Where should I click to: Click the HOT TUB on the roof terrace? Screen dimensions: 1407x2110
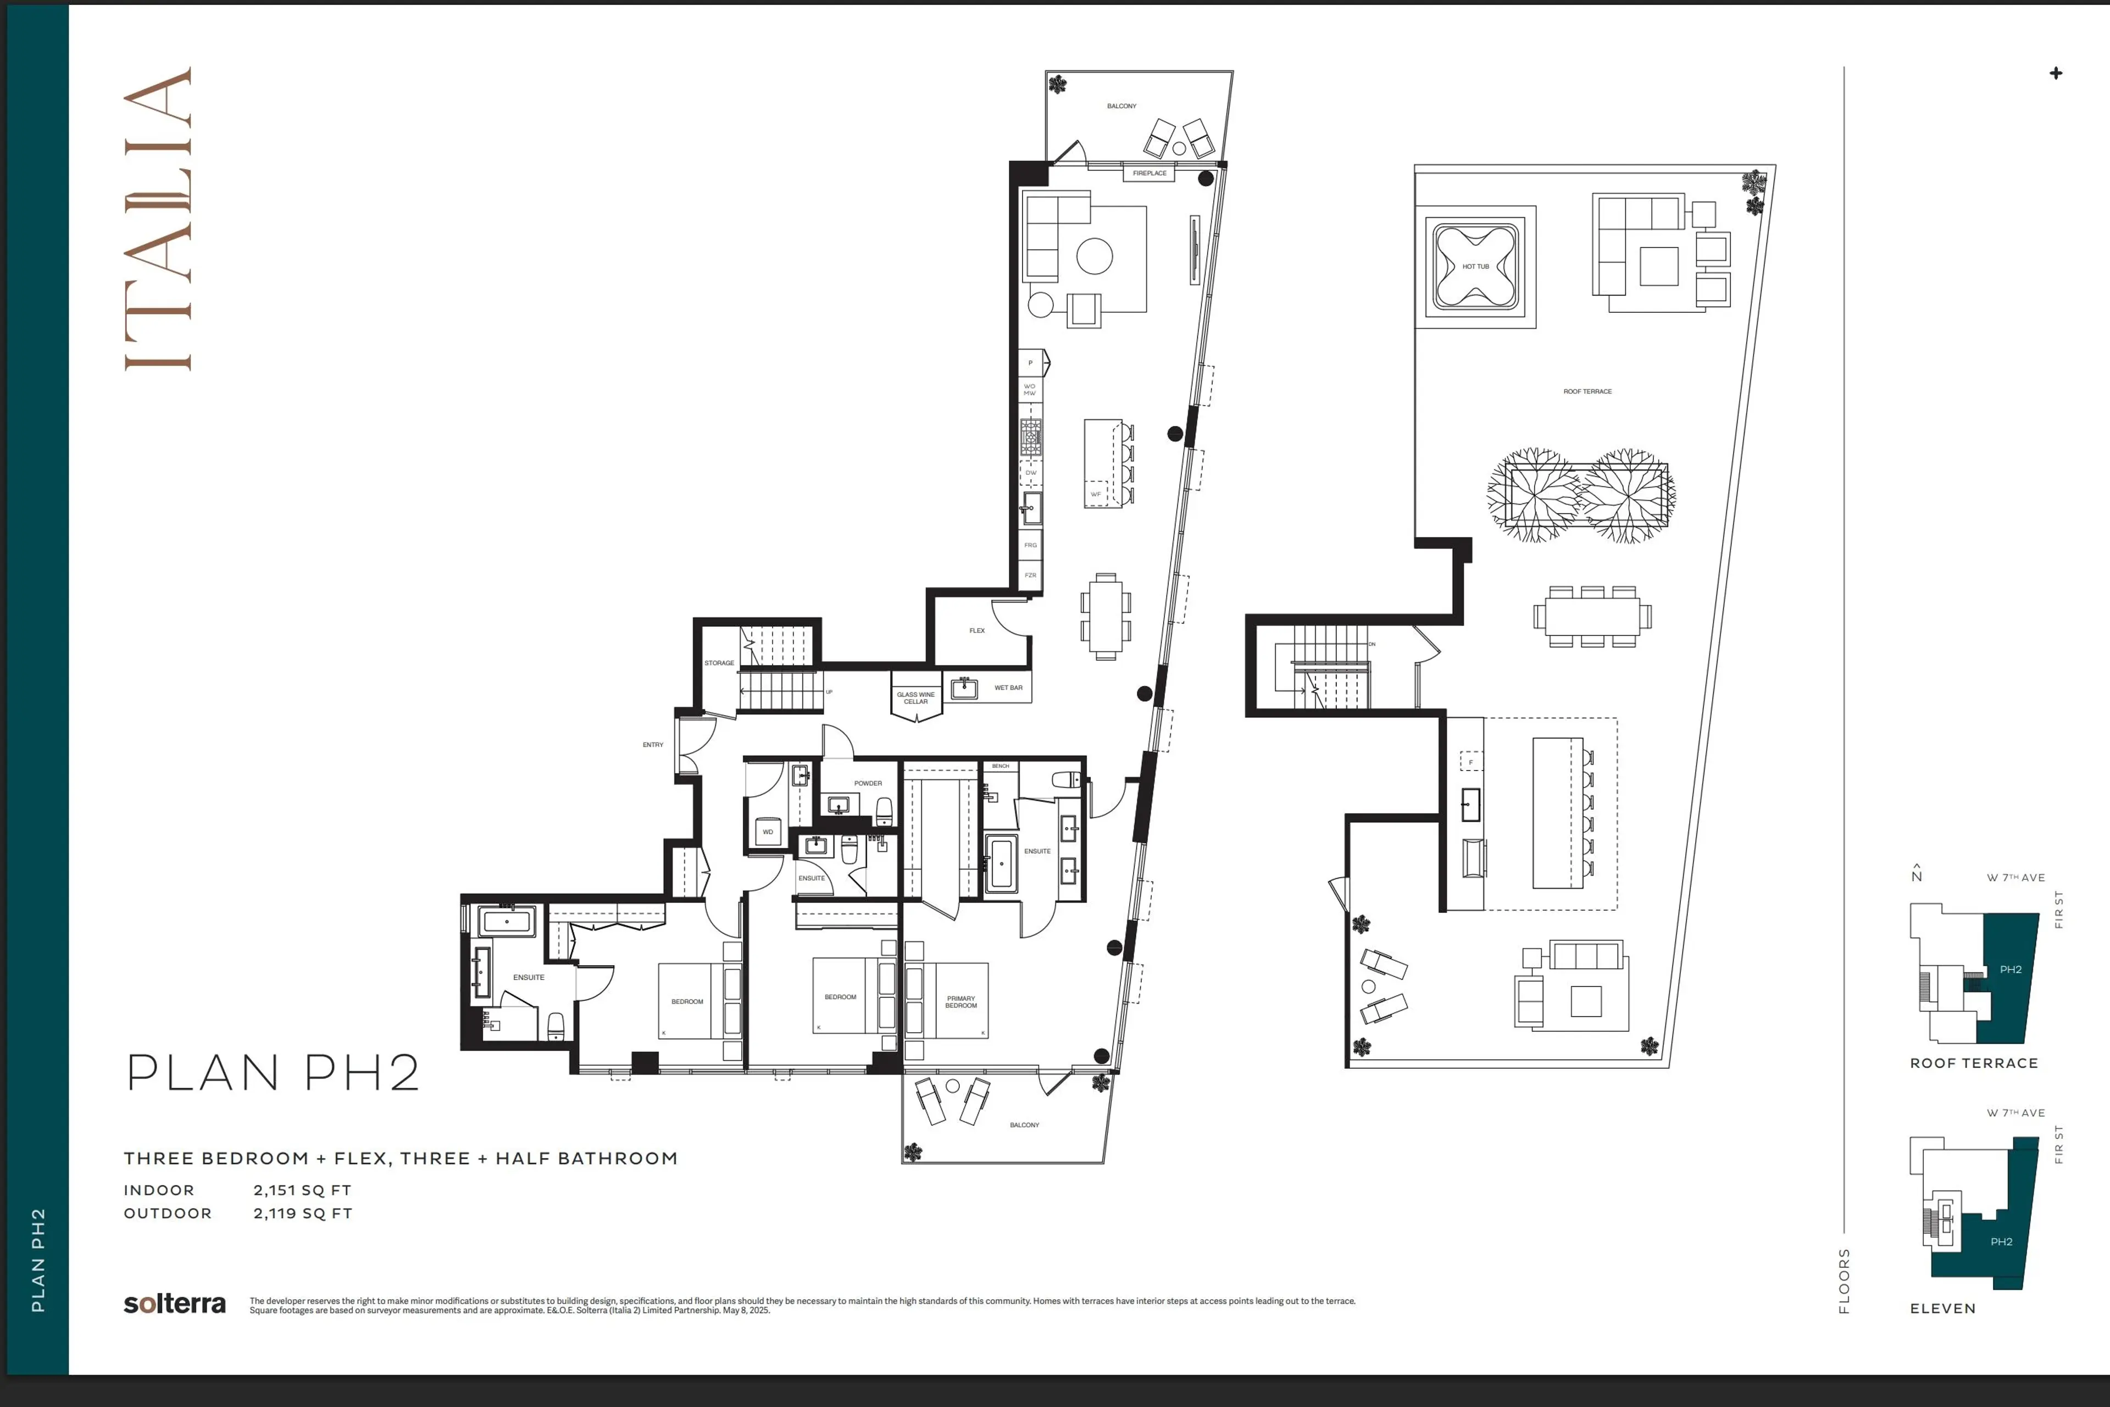pos(1475,267)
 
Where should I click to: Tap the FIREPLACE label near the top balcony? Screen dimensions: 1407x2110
pos(1149,173)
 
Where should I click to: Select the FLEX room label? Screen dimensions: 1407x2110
pos(977,631)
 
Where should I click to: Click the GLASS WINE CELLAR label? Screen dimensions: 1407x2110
pos(915,698)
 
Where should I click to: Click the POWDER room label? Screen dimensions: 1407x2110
pos(868,783)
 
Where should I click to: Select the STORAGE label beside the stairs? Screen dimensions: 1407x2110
pos(719,663)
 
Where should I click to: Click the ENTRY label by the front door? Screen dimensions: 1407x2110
pos(652,745)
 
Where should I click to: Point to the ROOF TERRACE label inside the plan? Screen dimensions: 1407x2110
pos(1587,391)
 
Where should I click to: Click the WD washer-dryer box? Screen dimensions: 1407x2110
pos(768,832)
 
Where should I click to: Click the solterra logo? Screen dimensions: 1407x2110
pos(175,1304)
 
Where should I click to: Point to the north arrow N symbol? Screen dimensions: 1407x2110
pos(1916,873)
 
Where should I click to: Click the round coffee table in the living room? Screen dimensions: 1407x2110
pos(1095,256)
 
